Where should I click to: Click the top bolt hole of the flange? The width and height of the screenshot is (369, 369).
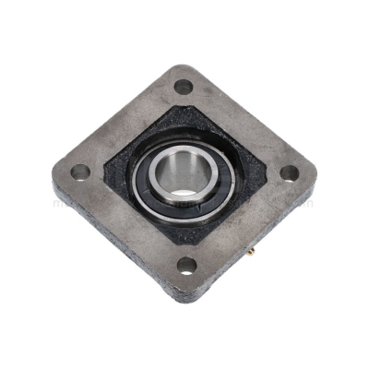coord(183,87)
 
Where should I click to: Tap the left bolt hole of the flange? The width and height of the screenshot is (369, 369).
coord(80,172)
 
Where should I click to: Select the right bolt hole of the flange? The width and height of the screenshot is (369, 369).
coord(289,173)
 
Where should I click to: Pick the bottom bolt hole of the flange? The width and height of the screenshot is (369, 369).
coord(187,266)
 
